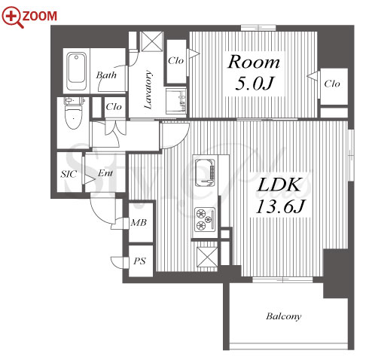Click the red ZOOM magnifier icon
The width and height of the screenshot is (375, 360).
pyautogui.click(x=13, y=17)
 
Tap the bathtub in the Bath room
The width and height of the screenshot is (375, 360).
pyautogui.click(x=76, y=71)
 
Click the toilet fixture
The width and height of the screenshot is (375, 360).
pyautogui.click(x=74, y=113)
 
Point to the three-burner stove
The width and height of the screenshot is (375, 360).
pyautogui.click(x=206, y=219)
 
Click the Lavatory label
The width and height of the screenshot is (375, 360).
pyautogui.click(x=148, y=90)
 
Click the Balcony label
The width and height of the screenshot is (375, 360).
pyautogui.click(x=284, y=316)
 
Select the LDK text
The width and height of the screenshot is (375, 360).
pyautogui.click(x=280, y=185)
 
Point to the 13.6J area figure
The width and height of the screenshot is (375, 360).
pyautogui.click(x=280, y=206)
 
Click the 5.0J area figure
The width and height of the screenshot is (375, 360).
pyautogui.click(x=254, y=84)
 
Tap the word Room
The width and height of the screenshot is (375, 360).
pyautogui.click(x=254, y=62)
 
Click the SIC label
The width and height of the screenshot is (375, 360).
pyautogui.click(x=69, y=174)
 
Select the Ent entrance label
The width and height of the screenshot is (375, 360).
pyautogui.click(x=105, y=173)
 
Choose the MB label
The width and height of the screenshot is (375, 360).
pyautogui.click(x=139, y=222)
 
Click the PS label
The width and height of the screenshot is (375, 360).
pyautogui.click(x=139, y=261)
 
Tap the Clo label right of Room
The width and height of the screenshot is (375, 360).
pyautogui.click(x=332, y=84)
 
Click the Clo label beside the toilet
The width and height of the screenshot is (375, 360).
pyautogui.click(x=114, y=107)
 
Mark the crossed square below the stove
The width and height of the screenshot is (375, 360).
pyautogui.click(x=207, y=257)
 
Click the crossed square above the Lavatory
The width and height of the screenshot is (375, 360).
pyautogui.click(x=151, y=41)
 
